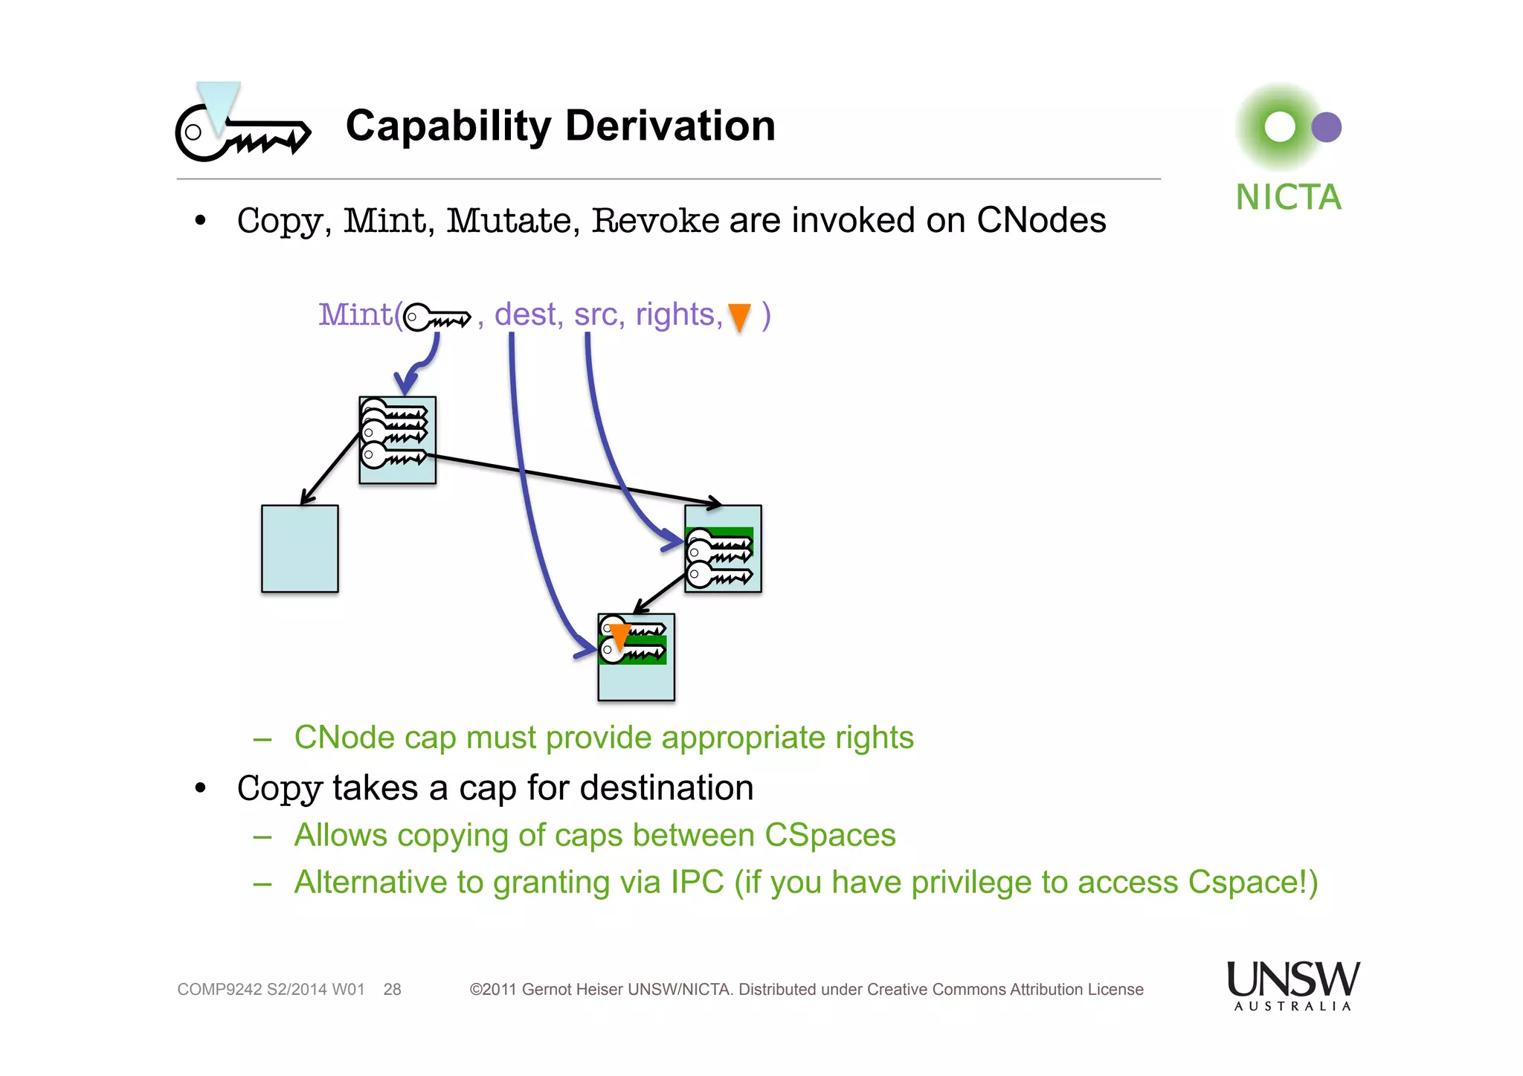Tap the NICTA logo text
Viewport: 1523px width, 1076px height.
pos(1288,198)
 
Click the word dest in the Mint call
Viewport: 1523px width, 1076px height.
pos(527,315)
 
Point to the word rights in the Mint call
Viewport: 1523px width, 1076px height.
pos(675,315)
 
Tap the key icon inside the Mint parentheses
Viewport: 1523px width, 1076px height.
pos(437,318)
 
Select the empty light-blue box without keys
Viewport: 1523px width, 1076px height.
pos(300,549)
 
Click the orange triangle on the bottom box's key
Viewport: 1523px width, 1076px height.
pos(619,637)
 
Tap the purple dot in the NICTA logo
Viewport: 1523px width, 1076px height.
pos(1326,127)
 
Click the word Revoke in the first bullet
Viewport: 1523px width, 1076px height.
pos(655,221)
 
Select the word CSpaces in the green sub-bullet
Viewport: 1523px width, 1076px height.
pos(830,835)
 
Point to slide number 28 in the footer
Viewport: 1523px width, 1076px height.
pos(392,990)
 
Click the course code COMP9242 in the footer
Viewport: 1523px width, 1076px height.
pos(219,990)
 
